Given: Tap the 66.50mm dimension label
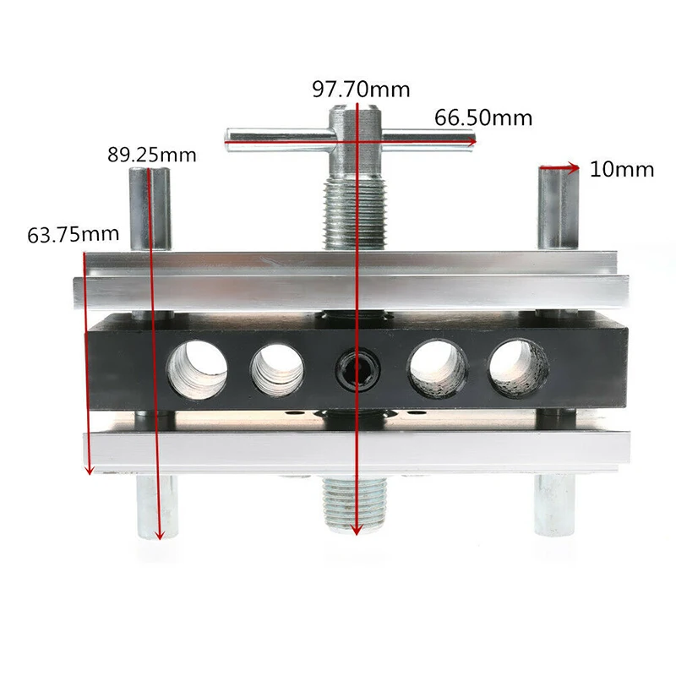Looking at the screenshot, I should point(483,117).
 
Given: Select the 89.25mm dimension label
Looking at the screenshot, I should point(152,155).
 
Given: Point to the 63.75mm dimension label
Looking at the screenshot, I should point(74,234).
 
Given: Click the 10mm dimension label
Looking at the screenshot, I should point(622,169).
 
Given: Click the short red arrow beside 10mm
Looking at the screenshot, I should point(559,168).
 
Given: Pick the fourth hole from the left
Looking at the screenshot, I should point(438,369).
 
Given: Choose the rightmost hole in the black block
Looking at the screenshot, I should point(518,368).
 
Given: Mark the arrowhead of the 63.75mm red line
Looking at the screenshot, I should point(88,470).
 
